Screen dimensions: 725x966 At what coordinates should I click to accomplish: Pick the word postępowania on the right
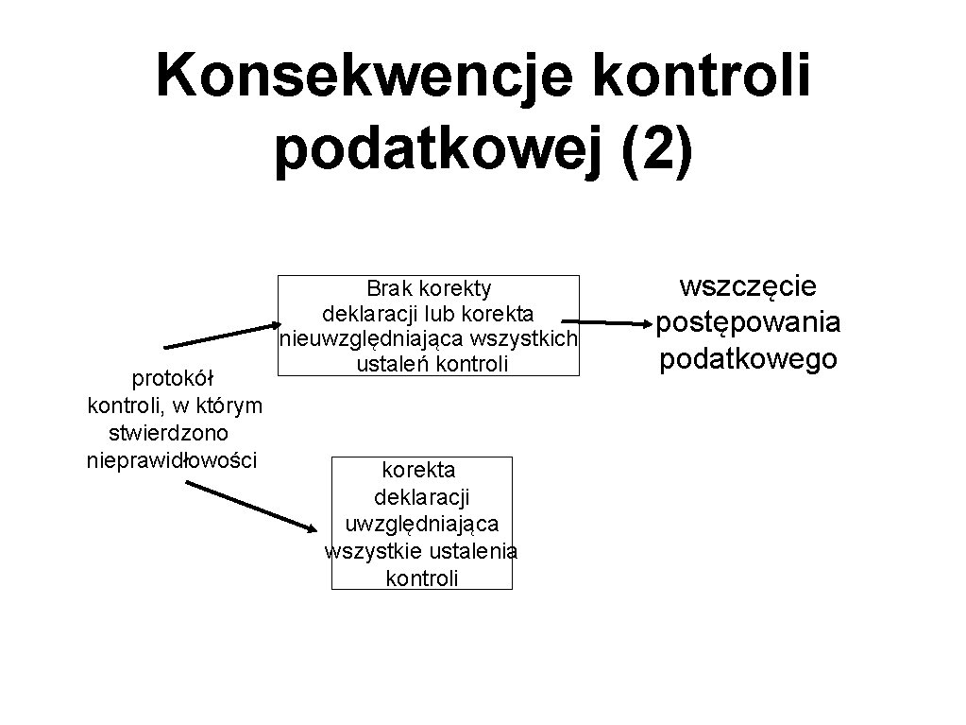(x=749, y=322)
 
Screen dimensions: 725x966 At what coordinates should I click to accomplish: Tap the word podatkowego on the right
(x=749, y=359)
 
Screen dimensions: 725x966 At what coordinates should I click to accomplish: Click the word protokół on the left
(x=173, y=379)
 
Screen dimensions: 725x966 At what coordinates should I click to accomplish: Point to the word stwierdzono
(x=169, y=434)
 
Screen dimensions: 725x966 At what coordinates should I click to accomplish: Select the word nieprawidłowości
(x=171, y=461)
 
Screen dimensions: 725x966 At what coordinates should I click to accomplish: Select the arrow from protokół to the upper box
(x=220, y=337)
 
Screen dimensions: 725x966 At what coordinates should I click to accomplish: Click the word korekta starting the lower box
(x=418, y=469)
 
